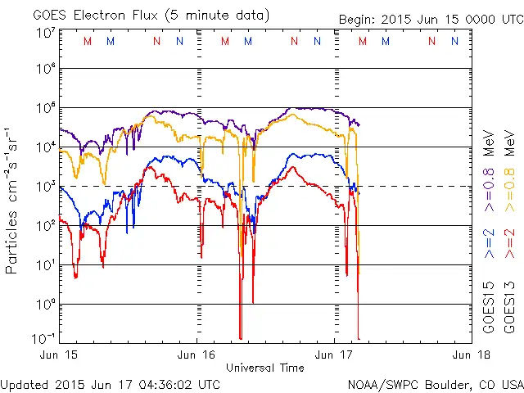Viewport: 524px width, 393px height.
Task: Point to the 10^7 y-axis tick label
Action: pyautogui.click(x=45, y=33)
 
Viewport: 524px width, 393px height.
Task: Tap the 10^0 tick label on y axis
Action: pyautogui.click(x=45, y=304)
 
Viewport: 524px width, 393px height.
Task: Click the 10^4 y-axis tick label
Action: pyautogui.click(x=45, y=147)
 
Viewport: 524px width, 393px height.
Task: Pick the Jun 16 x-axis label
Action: pyautogui.click(x=197, y=355)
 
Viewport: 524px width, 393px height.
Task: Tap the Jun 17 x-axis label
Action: pyautogui.click(x=335, y=355)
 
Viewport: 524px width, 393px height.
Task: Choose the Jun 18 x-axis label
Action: pyautogui.click(x=470, y=355)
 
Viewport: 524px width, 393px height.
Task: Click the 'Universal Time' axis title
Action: pyautogui.click(x=265, y=368)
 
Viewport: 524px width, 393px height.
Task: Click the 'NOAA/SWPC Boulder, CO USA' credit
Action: pyautogui.click(x=435, y=383)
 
